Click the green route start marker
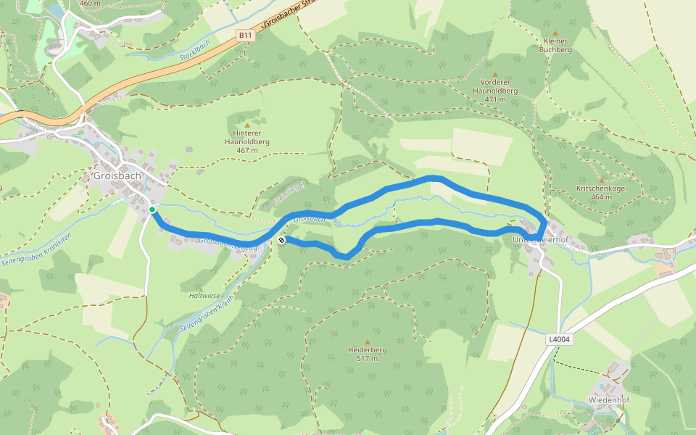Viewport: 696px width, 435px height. (152, 210)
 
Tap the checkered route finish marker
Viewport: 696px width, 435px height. (281, 240)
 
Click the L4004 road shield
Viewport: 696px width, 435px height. (560, 339)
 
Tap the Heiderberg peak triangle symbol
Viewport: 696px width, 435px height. (367, 341)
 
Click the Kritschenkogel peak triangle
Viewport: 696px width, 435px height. (601, 180)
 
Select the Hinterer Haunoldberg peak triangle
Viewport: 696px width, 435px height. (246, 125)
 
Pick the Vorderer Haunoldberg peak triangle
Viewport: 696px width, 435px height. (495, 75)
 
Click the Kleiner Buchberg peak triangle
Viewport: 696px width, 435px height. (556, 33)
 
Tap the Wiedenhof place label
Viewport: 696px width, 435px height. (608, 399)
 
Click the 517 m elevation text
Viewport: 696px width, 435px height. (367, 359)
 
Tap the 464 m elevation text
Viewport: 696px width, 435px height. (601, 197)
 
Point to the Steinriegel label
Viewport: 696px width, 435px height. (291, 191)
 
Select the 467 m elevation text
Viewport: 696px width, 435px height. (246, 151)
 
